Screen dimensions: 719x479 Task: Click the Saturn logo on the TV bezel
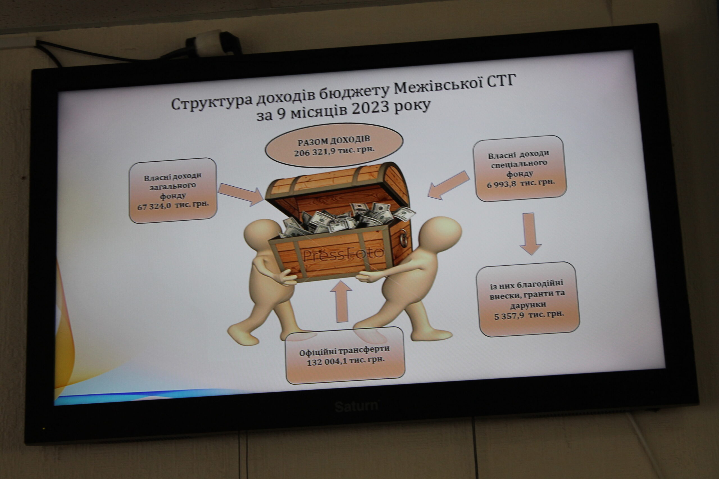[356, 406]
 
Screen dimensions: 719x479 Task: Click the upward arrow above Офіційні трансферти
[341, 302]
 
